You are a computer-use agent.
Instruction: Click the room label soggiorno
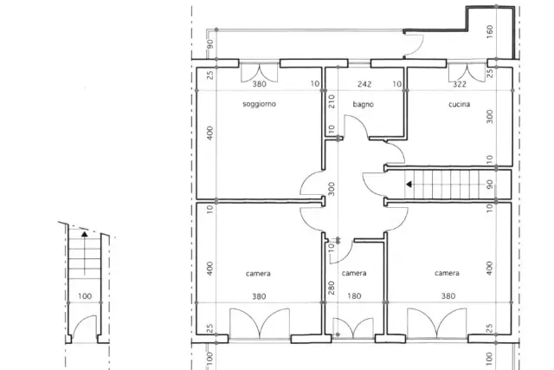click(259, 104)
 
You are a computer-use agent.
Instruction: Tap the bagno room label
click(364, 104)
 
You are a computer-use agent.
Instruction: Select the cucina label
click(459, 104)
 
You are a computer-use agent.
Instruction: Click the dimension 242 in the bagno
click(364, 84)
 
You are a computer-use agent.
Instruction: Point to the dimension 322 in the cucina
click(460, 84)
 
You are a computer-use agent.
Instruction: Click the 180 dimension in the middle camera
click(354, 296)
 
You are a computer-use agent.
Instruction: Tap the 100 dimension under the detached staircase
click(85, 296)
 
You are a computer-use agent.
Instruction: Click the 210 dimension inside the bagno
click(332, 101)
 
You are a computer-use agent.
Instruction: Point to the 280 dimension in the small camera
click(332, 289)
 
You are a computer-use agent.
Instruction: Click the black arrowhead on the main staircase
click(409, 185)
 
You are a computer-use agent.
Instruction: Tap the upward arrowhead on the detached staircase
click(84, 233)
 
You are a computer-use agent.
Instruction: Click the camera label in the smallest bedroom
click(354, 273)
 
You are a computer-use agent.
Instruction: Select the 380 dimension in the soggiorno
click(259, 84)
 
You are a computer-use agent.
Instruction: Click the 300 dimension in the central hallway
click(332, 189)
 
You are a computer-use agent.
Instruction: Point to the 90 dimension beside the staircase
click(490, 185)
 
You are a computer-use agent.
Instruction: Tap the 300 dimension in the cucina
click(490, 117)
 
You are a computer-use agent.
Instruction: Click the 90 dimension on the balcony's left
click(209, 44)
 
